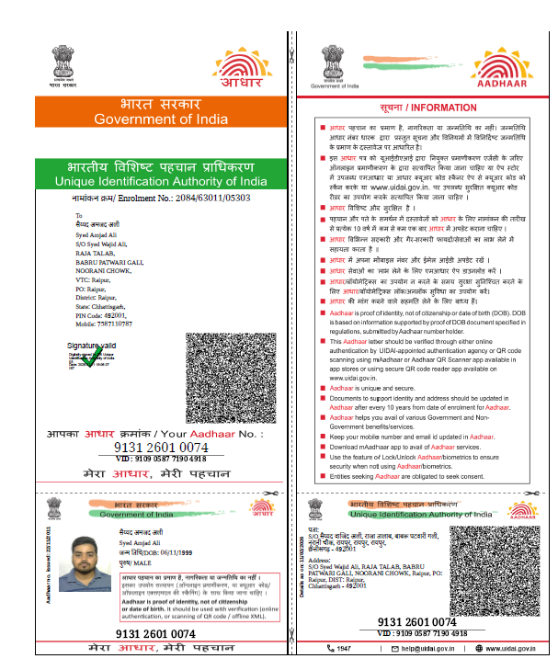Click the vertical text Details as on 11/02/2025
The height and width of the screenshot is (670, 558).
click(x=300, y=562)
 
